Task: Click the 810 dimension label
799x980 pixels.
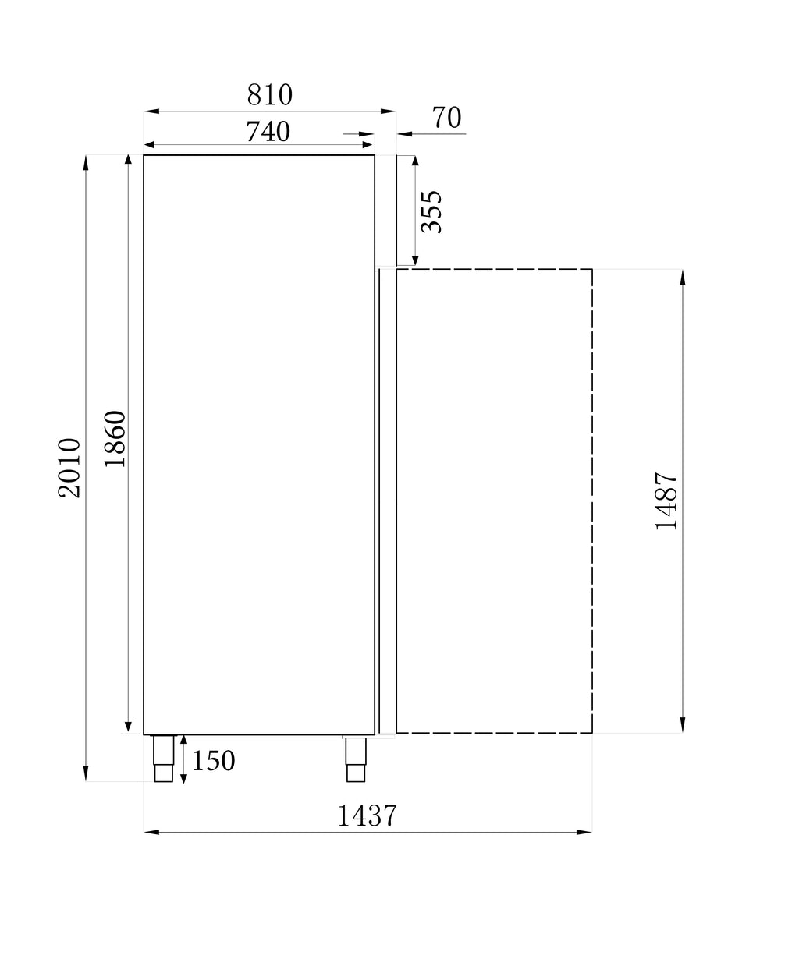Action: pyautogui.click(x=270, y=95)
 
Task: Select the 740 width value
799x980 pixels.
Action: pyautogui.click(x=268, y=132)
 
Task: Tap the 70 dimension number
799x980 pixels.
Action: pyautogui.click(x=447, y=118)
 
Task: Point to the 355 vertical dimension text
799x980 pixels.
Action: pyautogui.click(x=431, y=211)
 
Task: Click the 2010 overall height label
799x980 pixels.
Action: pyautogui.click(x=69, y=468)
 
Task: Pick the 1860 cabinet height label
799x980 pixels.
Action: pyautogui.click(x=115, y=438)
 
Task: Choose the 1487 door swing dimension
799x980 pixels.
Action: pyautogui.click(x=667, y=501)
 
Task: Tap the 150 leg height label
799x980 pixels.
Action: pyautogui.click(x=214, y=761)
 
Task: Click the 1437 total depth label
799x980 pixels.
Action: pyautogui.click(x=368, y=815)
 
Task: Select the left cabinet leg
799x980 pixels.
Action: pyautogui.click(x=163, y=759)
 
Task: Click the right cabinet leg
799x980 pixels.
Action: pyautogui.click(x=356, y=759)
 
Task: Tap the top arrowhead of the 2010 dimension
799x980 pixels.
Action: pyautogui.click(x=86, y=161)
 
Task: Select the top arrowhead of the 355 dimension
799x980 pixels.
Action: pyautogui.click(x=415, y=161)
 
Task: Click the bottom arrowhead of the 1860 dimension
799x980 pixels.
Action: pyautogui.click(x=128, y=727)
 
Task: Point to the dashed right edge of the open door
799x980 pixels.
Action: pyautogui.click(x=592, y=501)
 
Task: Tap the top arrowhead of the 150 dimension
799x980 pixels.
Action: pyautogui.click(x=183, y=741)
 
